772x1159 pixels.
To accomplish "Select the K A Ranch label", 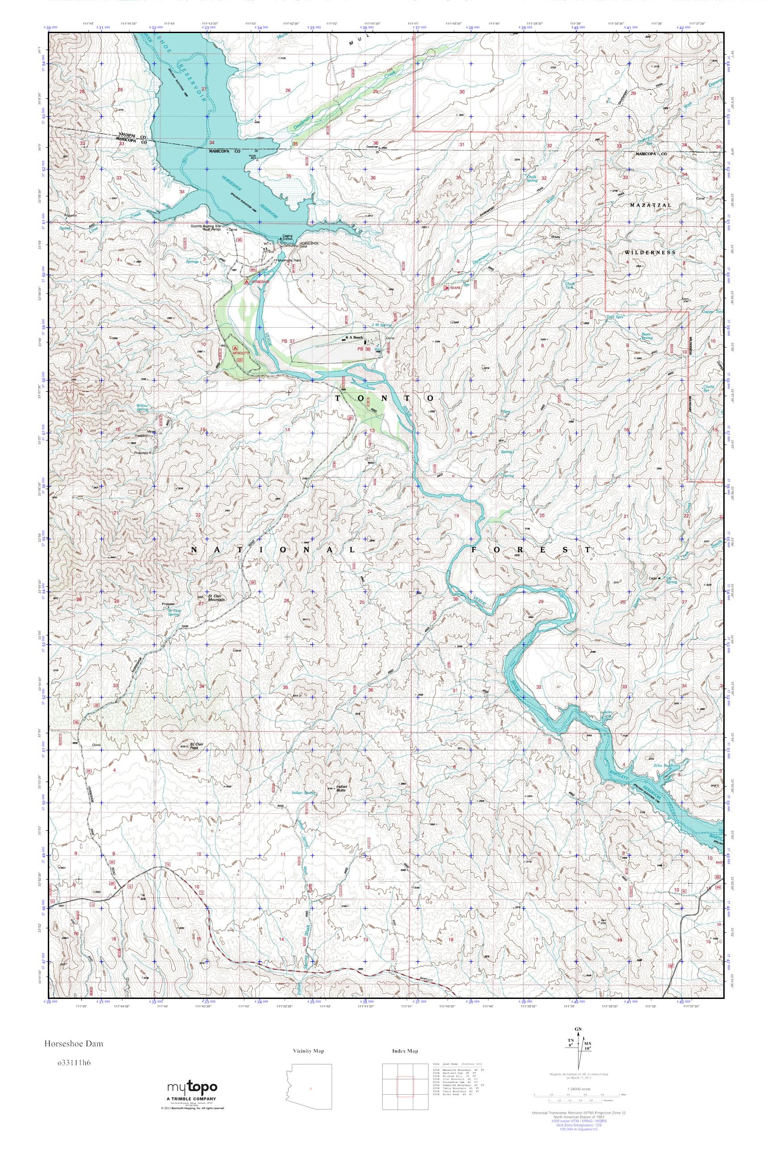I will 353,337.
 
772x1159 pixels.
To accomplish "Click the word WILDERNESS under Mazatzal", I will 650,252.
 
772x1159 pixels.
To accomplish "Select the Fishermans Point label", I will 291,260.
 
